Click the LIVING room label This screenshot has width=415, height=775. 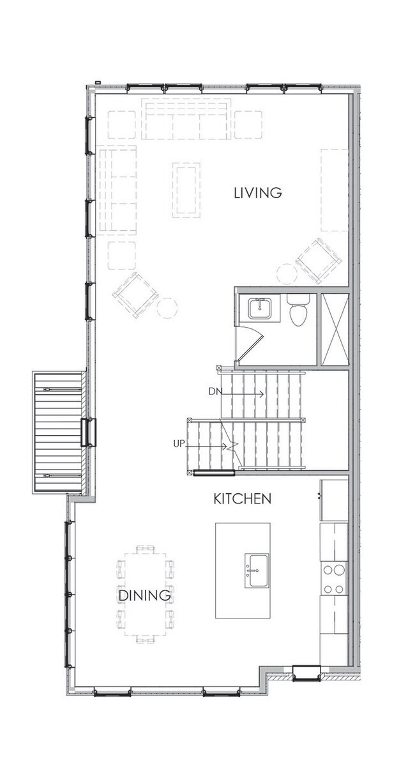pos(257,192)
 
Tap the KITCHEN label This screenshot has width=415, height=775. pos(242,498)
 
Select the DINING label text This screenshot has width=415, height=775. pos(144,595)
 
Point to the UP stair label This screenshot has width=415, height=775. pos(179,443)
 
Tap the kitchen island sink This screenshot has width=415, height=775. pos(258,565)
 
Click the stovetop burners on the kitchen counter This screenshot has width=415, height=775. pos(333,578)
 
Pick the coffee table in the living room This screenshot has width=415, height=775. pos(186,190)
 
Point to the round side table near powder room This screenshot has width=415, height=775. pos(287,274)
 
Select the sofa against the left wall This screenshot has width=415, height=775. pos(117,190)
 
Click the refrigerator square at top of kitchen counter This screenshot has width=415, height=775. pos(334,500)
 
